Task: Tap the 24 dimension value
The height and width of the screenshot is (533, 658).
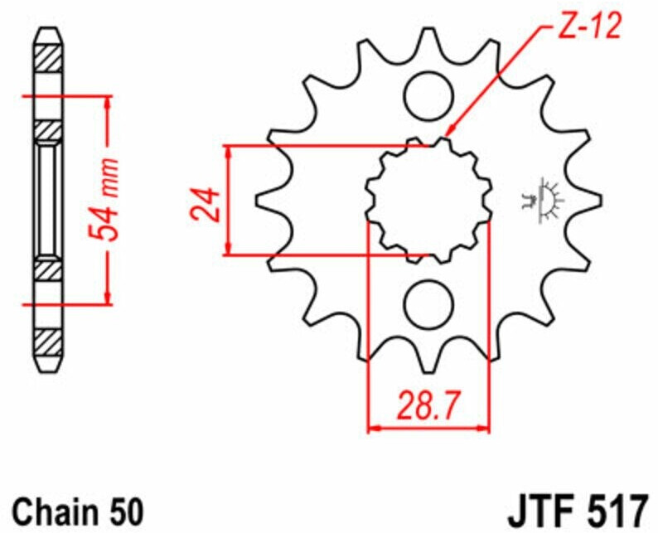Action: point(206,205)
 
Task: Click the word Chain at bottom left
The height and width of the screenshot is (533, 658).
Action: point(55,511)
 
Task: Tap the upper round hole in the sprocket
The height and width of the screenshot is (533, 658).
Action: point(429,96)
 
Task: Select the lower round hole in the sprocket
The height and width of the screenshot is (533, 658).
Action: point(429,305)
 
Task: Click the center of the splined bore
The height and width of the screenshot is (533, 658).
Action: point(429,201)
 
